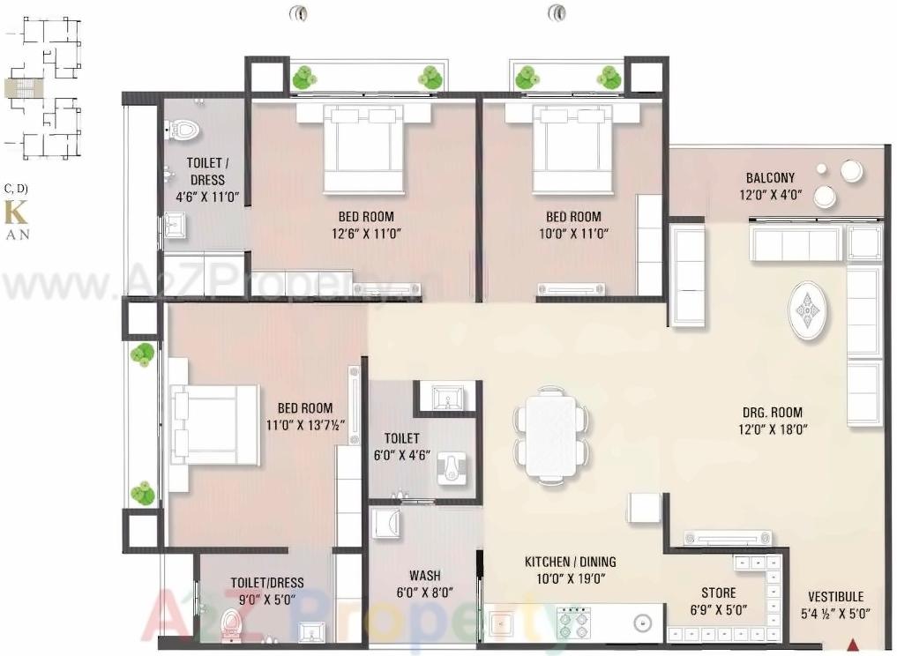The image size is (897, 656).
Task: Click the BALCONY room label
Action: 770,177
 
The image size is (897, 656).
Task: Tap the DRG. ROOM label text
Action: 772,413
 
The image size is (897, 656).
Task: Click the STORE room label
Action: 718,593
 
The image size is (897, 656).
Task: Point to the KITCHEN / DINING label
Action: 570,562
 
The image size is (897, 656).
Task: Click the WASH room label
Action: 424,576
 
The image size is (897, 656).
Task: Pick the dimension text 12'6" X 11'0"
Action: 366,234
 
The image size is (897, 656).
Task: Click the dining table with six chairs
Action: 550,435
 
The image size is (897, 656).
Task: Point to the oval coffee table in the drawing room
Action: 808,310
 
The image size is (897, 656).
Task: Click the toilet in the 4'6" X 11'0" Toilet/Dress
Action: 183,131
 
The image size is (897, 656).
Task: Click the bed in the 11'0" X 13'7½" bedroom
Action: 214,425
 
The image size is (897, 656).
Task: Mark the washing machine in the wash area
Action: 385,526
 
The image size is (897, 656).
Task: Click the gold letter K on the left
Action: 15,213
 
